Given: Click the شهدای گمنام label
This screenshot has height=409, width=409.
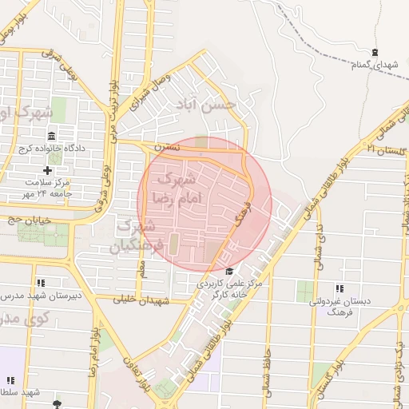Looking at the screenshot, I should click(374, 63).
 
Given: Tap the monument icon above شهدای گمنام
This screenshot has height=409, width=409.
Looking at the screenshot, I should click(375, 52).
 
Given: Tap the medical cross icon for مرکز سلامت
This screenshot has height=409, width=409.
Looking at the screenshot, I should click(48, 170).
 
